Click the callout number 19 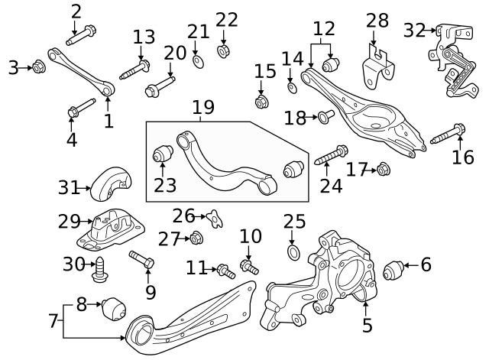pos(202,107)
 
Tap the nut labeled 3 pos(40,68)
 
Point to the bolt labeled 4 pos(80,107)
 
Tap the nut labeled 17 pos(384,170)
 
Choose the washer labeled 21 pos(198,60)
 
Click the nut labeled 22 pos(224,51)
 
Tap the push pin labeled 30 pos(99,267)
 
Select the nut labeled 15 pos(261,100)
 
